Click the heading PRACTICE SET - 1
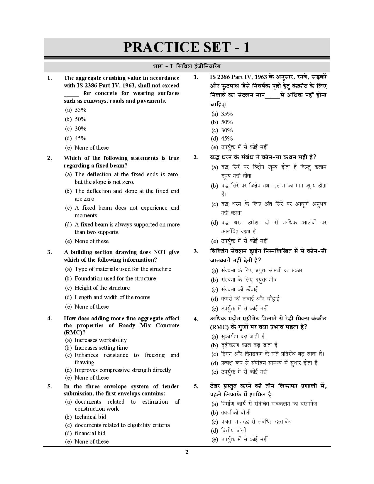tap(187, 48)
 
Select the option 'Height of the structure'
tap(102, 288)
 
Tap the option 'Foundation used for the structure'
tap(115, 278)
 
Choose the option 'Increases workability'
tap(100, 340)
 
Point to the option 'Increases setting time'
tap(101, 348)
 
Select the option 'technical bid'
tap(90, 417)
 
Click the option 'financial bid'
tap(90, 433)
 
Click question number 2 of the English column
tap(50, 158)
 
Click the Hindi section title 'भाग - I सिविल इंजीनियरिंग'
tap(187, 67)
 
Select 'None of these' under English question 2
tap(91, 241)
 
